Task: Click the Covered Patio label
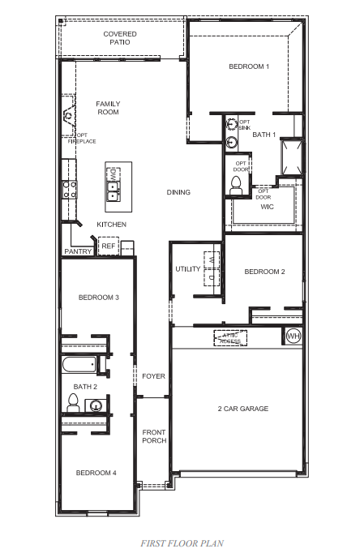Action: (119, 37)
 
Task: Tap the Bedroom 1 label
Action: (248, 66)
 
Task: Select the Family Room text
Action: (108, 108)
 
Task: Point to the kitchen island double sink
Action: (114, 192)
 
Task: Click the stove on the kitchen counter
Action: (70, 190)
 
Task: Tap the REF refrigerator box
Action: (108, 246)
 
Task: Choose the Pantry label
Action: (78, 251)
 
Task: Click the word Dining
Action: (178, 192)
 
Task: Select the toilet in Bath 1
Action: (238, 184)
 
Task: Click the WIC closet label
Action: (268, 207)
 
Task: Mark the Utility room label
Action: (187, 269)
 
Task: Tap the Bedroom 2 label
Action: (264, 272)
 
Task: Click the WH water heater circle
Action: (293, 336)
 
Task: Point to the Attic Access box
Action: (230, 338)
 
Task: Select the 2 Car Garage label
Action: (242, 409)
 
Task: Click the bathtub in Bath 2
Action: (79, 364)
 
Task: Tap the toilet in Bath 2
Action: (72, 403)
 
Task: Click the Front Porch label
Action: (154, 436)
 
